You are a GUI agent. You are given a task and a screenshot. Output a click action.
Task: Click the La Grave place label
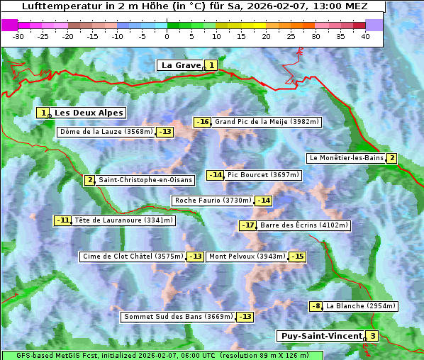(181, 65)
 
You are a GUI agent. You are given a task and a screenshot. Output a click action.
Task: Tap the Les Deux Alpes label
(89, 113)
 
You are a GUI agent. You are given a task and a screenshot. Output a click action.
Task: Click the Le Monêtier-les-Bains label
(345, 158)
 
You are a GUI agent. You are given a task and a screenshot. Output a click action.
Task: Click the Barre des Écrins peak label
(304, 225)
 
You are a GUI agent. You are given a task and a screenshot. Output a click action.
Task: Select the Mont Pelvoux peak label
(247, 257)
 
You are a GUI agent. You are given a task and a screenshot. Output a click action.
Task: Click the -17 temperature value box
(247, 225)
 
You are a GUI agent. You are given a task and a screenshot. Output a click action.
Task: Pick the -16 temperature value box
(203, 122)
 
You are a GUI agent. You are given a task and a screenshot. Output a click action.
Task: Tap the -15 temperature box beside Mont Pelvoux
(297, 257)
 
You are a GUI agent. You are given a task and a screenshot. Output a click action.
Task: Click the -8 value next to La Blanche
(316, 306)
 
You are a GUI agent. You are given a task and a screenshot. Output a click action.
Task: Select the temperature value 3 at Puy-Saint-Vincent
(373, 336)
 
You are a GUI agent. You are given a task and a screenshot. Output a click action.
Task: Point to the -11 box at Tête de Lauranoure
(63, 220)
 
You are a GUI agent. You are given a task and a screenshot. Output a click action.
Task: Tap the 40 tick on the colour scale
(365, 36)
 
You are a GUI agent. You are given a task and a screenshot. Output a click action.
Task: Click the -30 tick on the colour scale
(18, 36)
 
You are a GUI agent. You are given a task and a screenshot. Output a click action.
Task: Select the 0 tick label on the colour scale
(167, 36)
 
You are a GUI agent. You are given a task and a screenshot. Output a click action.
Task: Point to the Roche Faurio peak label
(213, 201)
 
